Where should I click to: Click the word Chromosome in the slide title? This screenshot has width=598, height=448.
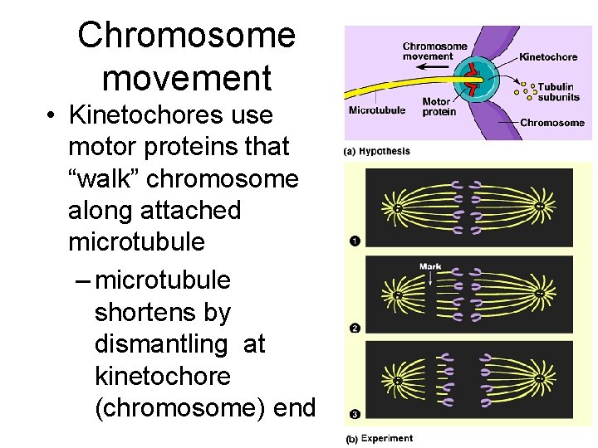point(187,36)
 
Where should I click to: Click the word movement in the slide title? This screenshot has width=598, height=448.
point(187,78)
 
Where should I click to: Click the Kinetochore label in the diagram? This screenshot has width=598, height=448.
point(548,57)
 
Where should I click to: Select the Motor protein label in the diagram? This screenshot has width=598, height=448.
point(439,107)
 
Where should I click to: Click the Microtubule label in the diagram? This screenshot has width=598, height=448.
point(376,110)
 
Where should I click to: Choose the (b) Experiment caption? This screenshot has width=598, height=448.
point(379,438)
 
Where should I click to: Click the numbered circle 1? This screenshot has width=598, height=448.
point(355,241)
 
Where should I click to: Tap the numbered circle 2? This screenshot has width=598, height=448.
point(355,329)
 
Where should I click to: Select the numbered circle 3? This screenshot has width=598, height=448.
point(355,413)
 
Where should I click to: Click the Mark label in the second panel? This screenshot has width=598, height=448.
point(430,266)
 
